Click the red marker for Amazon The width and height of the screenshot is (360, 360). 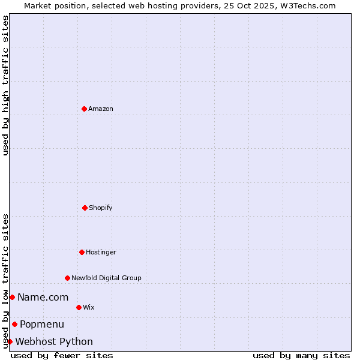[84, 109]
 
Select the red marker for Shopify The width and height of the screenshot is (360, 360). [85, 208]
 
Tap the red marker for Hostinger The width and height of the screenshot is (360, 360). [82, 252]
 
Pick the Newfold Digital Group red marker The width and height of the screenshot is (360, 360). [67, 278]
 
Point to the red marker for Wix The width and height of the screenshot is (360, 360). [79, 307]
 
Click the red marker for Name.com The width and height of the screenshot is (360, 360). [12, 297]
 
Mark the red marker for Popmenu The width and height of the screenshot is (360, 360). [14, 325]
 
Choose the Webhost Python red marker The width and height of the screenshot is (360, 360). [10, 341]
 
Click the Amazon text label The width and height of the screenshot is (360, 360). [101, 109]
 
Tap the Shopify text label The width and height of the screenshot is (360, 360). [101, 208]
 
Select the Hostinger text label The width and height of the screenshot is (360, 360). [101, 252]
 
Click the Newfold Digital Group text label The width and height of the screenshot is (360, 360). [106, 278]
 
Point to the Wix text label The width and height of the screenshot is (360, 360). [89, 307]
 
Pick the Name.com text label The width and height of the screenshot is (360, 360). [43, 297]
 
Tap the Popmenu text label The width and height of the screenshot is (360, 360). [42, 325]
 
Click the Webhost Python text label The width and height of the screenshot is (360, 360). [54, 342]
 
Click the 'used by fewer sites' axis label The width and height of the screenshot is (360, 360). [62, 355]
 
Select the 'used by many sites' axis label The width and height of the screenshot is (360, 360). [301, 355]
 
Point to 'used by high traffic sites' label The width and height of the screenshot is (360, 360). [5, 85]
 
